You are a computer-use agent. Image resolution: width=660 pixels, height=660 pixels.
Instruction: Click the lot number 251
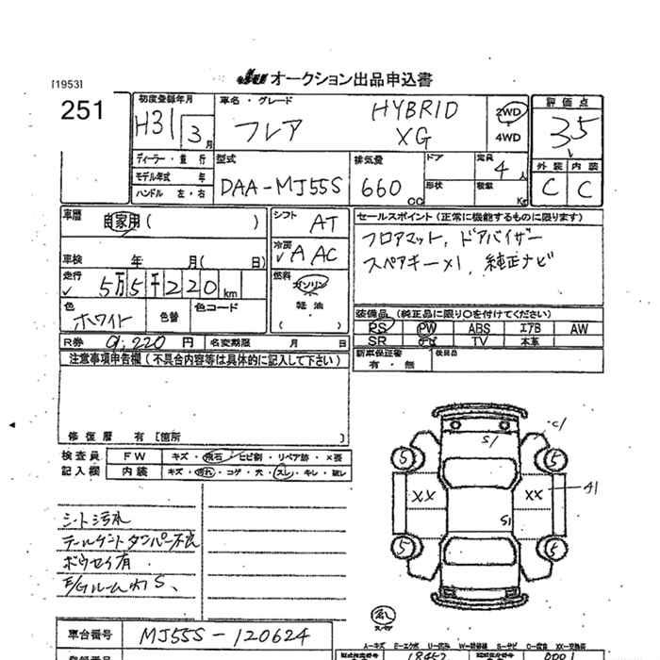(x=82, y=111)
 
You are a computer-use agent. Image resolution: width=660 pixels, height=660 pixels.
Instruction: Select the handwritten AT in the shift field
(x=321, y=223)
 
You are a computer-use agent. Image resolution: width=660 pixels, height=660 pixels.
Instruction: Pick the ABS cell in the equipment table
(x=479, y=329)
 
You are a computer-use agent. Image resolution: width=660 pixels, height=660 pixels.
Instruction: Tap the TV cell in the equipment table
(x=479, y=341)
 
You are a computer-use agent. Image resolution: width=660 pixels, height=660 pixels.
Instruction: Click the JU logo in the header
(x=247, y=77)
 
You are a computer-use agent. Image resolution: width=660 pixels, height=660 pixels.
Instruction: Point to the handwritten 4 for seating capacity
(x=501, y=172)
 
